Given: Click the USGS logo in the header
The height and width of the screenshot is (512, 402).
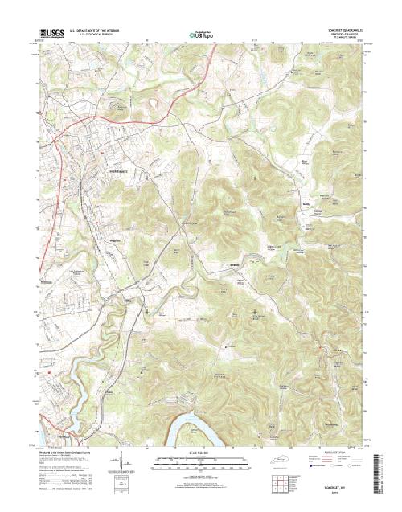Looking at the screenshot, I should tap(50, 34).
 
